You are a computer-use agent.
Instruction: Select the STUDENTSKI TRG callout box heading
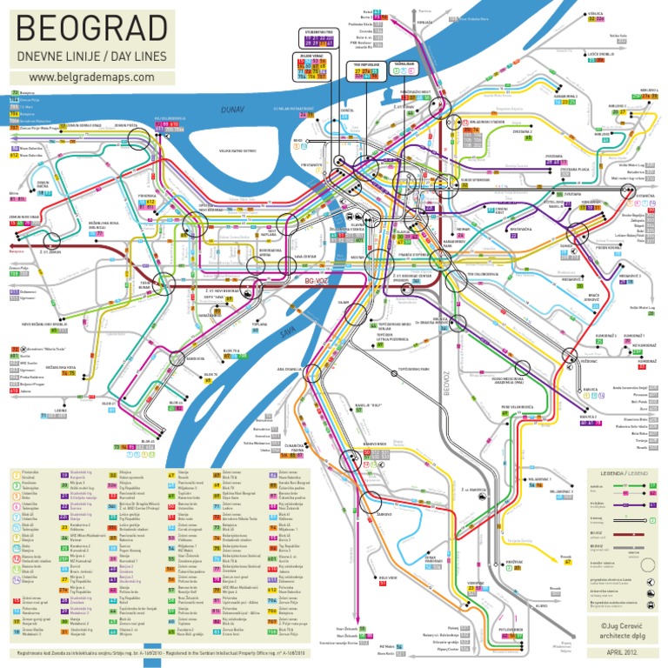click(321, 30)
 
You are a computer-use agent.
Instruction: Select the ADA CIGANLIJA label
click(289, 369)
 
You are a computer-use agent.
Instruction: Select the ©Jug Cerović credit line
click(619, 625)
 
